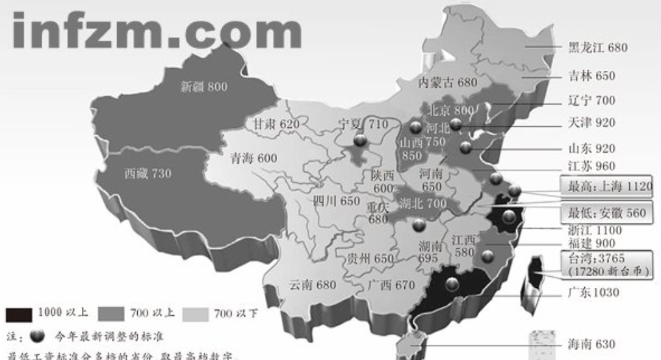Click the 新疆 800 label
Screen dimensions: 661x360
[x=204, y=86]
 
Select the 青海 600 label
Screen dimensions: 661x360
[x=253, y=158]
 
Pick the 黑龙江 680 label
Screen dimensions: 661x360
[x=598, y=47]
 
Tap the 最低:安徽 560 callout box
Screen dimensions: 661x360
[x=607, y=212]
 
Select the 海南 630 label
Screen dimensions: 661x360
[x=591, y=344]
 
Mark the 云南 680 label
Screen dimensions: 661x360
[x=313, y=285]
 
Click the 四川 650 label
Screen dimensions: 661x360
[x=336, y=200]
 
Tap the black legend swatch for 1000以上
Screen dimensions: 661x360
[x=19, y=315]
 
